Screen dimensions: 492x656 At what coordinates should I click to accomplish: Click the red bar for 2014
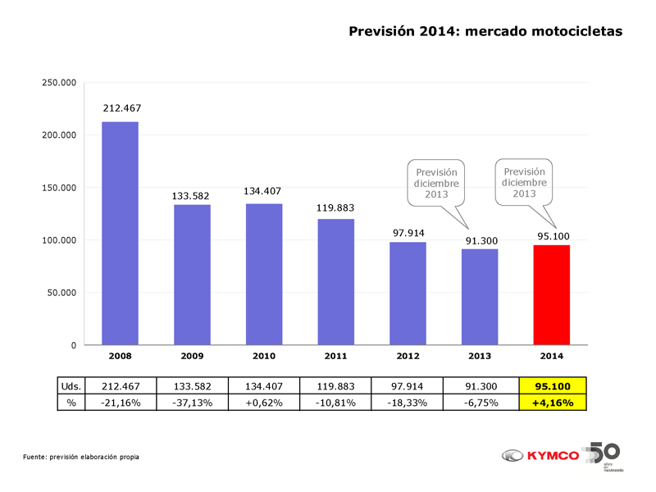(x=551, y=294)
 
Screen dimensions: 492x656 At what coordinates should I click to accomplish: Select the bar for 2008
(x=120, y=233)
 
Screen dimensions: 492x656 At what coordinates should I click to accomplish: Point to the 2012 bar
(x=408, y=294)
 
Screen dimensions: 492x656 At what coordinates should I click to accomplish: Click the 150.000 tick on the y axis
(x=58, y=188)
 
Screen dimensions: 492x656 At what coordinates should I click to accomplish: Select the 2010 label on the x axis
(x=263, y=357)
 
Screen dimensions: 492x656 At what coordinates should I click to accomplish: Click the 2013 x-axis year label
(x=480, y=357)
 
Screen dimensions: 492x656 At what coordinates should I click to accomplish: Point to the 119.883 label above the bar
(x=335, y=208)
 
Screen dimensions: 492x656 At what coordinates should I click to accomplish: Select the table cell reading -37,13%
(x=191, y=403)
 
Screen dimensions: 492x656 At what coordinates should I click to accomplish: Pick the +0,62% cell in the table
(x=263, y=403)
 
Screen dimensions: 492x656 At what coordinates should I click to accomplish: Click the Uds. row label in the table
(x=71, y=386)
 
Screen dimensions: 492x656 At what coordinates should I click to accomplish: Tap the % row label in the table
(x=71, y=403)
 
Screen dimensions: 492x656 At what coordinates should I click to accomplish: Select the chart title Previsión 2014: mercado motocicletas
(x=485, y=31)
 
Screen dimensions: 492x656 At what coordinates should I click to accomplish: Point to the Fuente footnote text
(x=80, y=456)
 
